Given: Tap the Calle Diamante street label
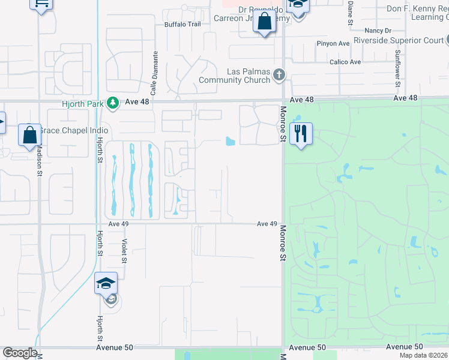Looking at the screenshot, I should click(154, 73).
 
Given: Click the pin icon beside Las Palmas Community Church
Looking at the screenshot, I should click(278, 75).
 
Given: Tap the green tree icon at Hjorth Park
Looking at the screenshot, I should click(112, 103).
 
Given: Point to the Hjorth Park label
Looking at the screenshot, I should click(83, 103).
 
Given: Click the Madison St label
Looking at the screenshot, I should click(40, 160).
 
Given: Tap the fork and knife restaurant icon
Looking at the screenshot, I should click(301, 133).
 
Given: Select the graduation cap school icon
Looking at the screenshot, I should click(106, 283).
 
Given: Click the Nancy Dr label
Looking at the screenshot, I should click(378, 31).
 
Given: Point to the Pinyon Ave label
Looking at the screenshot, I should click(333, 44).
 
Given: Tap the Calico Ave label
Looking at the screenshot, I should click(345, 62).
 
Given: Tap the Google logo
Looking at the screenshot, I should click(20, 353).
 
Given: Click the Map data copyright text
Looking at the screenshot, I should click(424, 355).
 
